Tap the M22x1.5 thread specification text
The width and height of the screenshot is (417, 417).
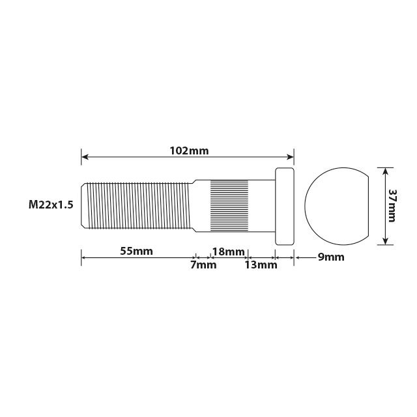tap(51, 205)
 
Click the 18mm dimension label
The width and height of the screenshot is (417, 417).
tap(229, 252)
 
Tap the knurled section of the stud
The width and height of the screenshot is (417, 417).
tap(229, 205)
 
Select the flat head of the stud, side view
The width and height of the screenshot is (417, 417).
tap(285, 206)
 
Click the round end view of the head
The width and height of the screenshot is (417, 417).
tap(336, 206)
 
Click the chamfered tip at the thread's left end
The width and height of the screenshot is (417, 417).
tap(84, 205)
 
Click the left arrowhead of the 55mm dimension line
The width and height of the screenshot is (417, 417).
tap(84, 257)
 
